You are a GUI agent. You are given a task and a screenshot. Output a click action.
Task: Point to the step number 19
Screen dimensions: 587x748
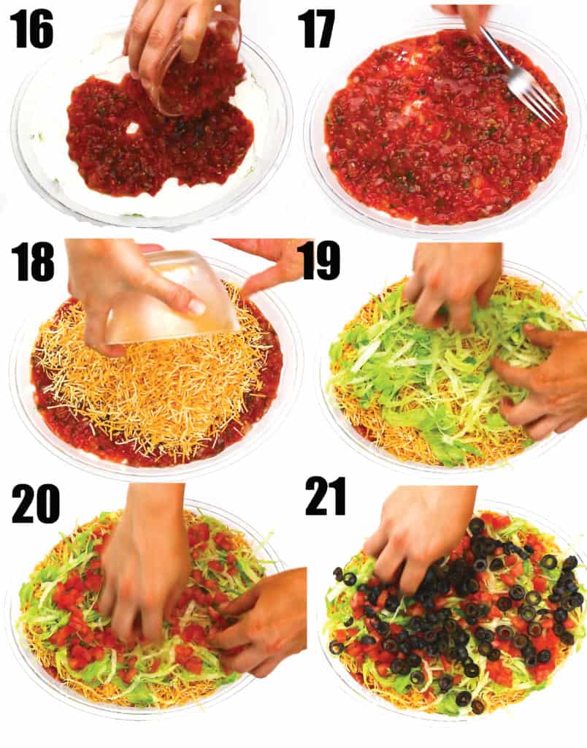point(321,260)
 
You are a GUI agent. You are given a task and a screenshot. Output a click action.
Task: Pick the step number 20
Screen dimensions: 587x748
point(36,504)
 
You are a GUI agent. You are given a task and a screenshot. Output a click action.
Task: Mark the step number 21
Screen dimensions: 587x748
point(326,497)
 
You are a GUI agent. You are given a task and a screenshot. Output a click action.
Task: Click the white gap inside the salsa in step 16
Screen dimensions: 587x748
point(132,129)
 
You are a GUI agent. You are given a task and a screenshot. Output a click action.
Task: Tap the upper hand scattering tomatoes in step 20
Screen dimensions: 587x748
point(145,558)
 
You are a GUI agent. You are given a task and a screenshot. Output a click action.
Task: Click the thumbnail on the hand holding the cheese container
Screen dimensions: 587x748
point(196,306)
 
